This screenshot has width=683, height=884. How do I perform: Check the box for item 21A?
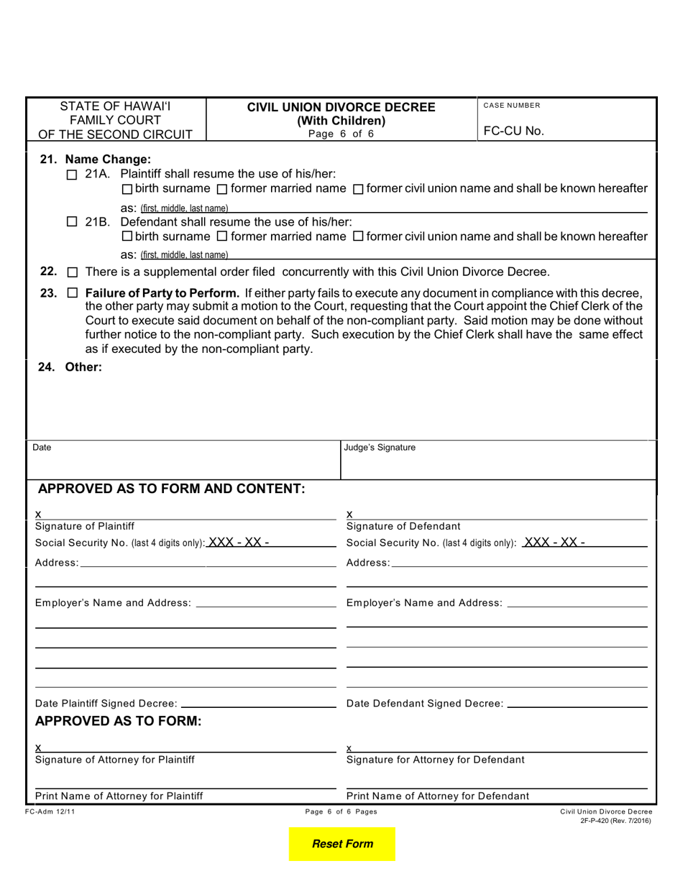[x=70, y=175]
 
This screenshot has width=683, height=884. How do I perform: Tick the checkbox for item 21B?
[x=70, y=222]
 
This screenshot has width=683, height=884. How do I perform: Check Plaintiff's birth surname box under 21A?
[x=127, y=189]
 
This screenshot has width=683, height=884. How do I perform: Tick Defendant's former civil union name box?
[x=358, y=236]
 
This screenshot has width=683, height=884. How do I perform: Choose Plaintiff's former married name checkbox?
[x=221, y=189]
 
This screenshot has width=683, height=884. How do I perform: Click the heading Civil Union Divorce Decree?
[x=341, y=107]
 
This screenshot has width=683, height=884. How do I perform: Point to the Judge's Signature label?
[x=380, y=448]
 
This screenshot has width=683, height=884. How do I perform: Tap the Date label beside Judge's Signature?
[x=42, y=448]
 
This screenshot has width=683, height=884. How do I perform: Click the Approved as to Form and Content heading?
[x=172, y=489]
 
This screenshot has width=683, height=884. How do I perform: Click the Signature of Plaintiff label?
[x=85, y=526]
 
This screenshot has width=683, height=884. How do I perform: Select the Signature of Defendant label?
[x=403, y=526]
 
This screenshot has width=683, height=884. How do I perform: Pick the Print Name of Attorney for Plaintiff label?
[x=119, y=796]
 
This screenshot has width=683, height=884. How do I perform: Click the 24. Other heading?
[x=70, y=367]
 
